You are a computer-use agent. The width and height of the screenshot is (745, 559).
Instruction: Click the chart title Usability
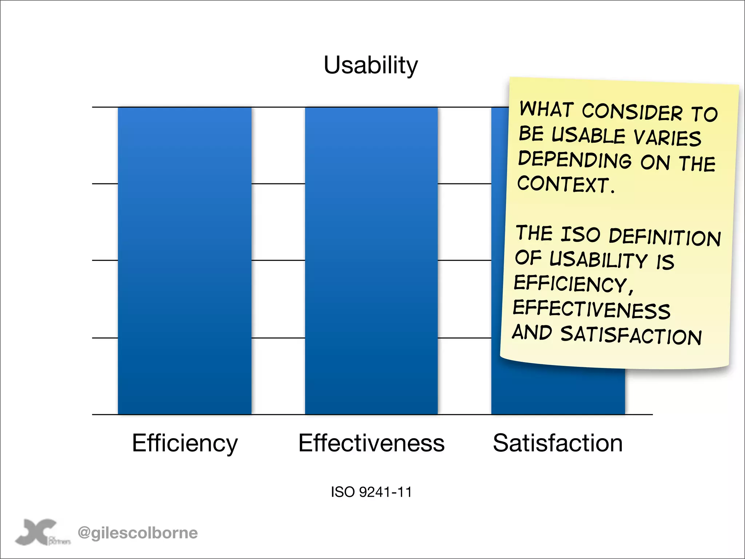coord(371,66)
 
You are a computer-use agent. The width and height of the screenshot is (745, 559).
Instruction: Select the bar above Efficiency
coord(184,261)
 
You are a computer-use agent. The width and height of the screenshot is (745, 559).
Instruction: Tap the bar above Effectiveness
coord(371,261)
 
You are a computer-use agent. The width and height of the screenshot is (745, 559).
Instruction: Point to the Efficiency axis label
coord(184,443)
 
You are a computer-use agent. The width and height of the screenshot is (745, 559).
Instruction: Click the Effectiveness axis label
coord(371,443)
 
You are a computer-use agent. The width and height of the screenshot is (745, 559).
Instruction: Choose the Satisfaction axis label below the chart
coord(558,443)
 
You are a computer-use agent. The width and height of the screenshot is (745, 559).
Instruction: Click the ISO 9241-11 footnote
coord(371,492)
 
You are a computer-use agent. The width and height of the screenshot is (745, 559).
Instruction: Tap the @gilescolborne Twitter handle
coord(138,533)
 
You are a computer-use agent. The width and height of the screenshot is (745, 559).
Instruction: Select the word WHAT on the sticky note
coord(546,109)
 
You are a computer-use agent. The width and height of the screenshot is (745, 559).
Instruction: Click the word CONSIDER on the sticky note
coord(632,111)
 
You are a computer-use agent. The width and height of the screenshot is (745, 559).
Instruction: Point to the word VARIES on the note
coord(667,138)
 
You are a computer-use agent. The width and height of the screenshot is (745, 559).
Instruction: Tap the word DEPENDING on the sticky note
coord(575,159)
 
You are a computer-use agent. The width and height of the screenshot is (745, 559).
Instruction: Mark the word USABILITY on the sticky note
coord(598,259)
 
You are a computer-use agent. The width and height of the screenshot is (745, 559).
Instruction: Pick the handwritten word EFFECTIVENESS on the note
coord(591,309)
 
